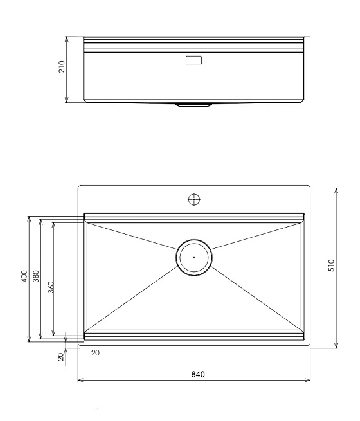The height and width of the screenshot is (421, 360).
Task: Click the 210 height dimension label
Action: [62, 67]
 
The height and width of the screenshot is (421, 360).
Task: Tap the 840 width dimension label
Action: [198, 374]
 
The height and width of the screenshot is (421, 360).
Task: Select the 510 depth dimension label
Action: [332, 265]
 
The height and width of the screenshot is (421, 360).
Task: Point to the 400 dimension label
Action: [24, 276]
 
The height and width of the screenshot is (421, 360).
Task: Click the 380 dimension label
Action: [36, 276]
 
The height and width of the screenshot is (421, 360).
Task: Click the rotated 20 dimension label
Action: [61, 356]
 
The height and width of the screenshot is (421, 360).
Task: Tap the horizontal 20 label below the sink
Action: [95, 353]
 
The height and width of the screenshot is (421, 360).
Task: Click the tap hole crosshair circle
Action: [194, 199]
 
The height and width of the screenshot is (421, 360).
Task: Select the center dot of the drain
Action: [194, 258]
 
